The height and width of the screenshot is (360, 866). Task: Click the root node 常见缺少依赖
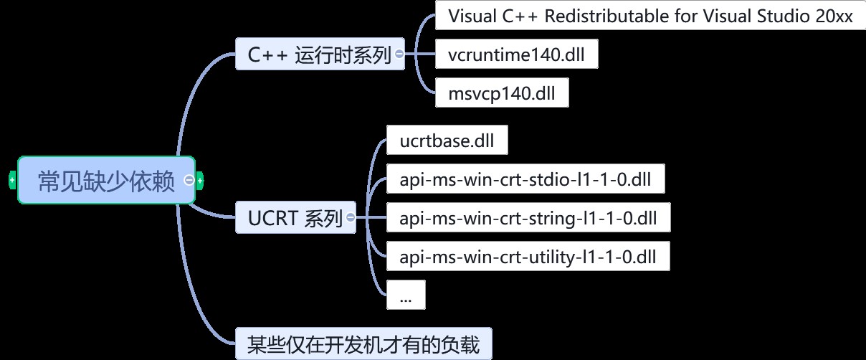pyautogui.click(x=106, y=181)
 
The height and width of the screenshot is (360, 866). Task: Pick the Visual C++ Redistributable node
pyautogui.click(x=650, y=16)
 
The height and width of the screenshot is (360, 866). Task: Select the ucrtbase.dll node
pyautogui.click(x=447, y=141)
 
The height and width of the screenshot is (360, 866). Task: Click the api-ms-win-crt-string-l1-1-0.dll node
pyautogui.click(x=528, y=217)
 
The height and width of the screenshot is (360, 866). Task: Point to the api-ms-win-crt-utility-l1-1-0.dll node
pyautogui.click(x=528, y=256)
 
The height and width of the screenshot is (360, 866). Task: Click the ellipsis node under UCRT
pyautogui.click(x=406, y=295)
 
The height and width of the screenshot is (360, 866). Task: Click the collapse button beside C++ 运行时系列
pyautogui.click(x=399, y=55)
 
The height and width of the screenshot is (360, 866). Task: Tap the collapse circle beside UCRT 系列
pyautogui.click(x=350, y=217)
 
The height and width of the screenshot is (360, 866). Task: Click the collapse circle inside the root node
pyautogui.click(x=189, y=181)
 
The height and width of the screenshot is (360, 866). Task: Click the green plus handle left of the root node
pyautogui.click(x=12, y=181)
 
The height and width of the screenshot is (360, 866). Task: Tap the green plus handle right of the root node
pyautogui.click(x=200, y=181)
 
